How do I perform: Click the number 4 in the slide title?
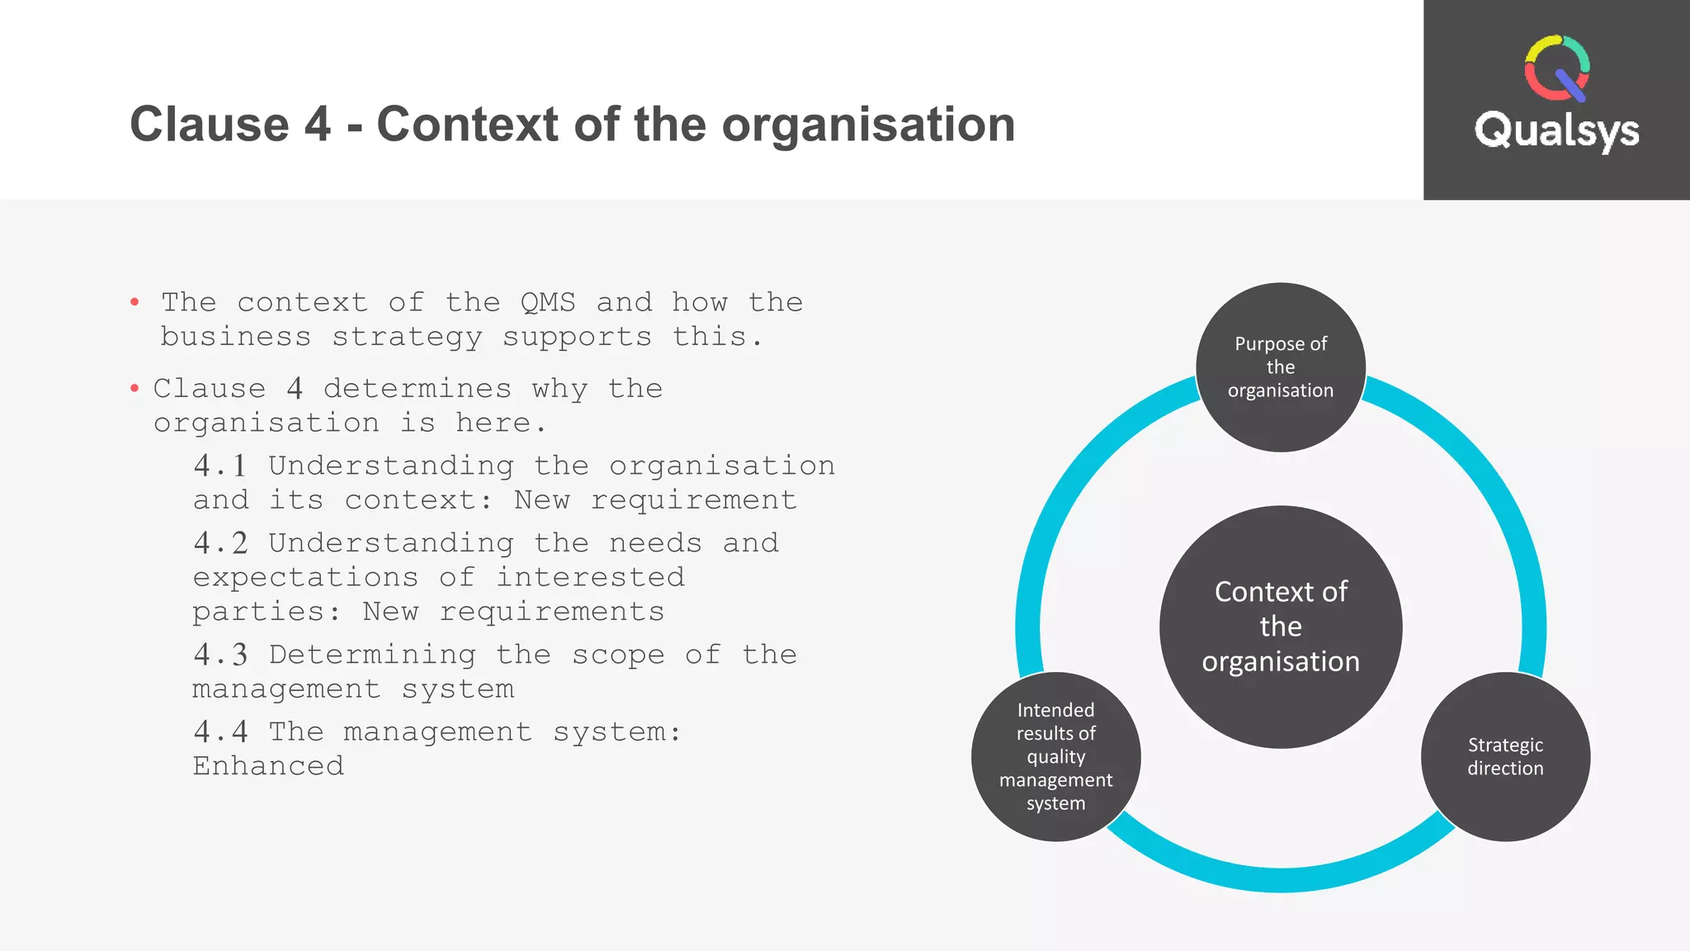tap(318, 125)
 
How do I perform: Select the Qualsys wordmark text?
tap(1556, 131)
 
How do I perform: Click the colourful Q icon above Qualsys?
tap(1557, 68)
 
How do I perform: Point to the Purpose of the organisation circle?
tap(1281, 367)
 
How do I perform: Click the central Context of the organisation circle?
tap(1281, 627)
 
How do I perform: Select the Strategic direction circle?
tap(1505, 757)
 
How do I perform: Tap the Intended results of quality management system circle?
tap(1056, 757)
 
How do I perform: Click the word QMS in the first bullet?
tap(548, 302)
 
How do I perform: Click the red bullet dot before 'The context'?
tap(135, 303)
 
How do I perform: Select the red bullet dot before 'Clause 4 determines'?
tap(135, 389)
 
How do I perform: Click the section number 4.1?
tap(220, 466)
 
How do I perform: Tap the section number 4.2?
tap(220, 543)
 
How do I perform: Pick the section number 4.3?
tap(220, 655)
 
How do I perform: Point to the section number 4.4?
tap(220, 731)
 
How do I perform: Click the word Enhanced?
tap(268, 766)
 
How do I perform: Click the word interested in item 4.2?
tap(590, 577)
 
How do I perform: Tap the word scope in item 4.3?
tap(618, 655)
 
